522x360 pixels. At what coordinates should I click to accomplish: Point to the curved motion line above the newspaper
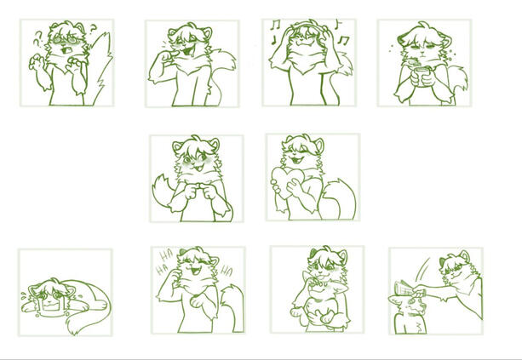422,270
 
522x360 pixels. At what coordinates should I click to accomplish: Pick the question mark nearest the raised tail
94,29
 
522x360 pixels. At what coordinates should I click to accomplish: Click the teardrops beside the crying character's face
24,295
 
